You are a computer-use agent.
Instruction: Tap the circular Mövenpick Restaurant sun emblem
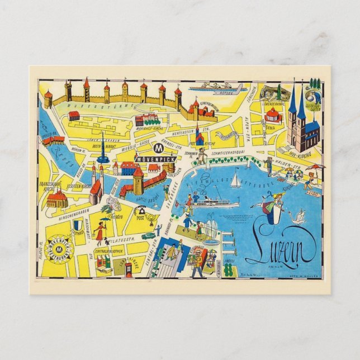pyautogui.click(x=60, y=247)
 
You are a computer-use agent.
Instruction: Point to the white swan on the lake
pyautogui.click(x=299, y=217)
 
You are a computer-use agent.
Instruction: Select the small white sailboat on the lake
pyautogui.click(x=236, y=181)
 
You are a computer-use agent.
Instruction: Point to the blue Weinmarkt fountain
pyautogui.click(x=102, y=155)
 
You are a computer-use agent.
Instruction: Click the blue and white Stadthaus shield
pyautogui.click(x=78, y=225)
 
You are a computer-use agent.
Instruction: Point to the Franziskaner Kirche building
pyautogui.click(x=56, y=197)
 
